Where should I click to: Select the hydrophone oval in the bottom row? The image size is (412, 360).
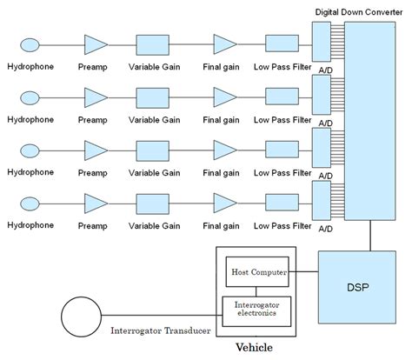click(30, 203)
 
